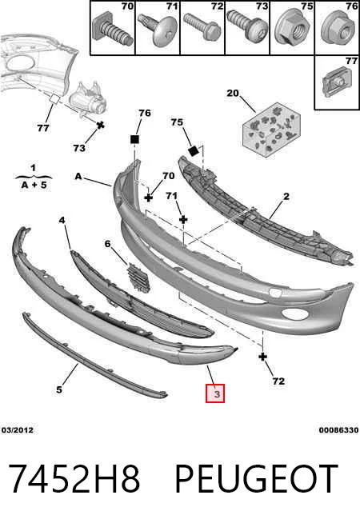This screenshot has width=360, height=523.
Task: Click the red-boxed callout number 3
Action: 215,393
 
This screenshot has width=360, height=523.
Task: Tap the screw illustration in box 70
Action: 113,30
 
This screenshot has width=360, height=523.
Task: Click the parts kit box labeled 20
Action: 271,129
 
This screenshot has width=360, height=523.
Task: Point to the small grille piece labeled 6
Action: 138,277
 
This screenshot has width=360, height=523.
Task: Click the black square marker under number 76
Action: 134,139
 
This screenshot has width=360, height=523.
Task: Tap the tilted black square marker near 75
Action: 194,151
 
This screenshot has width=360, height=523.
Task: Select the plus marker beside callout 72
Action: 263,357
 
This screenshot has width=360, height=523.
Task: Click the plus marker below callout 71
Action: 183,219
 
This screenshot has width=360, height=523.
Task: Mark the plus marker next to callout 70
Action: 149,198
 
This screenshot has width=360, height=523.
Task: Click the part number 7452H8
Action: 74,479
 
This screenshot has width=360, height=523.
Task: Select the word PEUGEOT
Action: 256,479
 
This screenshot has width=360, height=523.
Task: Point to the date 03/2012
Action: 18,430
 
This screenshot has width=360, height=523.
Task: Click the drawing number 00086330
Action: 338,430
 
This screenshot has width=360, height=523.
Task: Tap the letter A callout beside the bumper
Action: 78,176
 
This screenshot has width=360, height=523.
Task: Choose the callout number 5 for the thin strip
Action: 59,389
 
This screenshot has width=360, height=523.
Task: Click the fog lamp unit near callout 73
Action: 87,98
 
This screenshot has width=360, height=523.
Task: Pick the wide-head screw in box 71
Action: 158,30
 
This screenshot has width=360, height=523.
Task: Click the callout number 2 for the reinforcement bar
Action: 286,197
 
